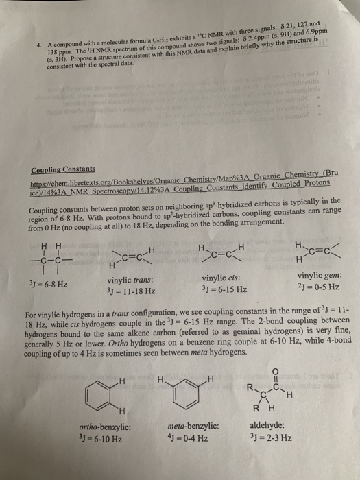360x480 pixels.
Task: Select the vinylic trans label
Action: [x=130, y=280]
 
